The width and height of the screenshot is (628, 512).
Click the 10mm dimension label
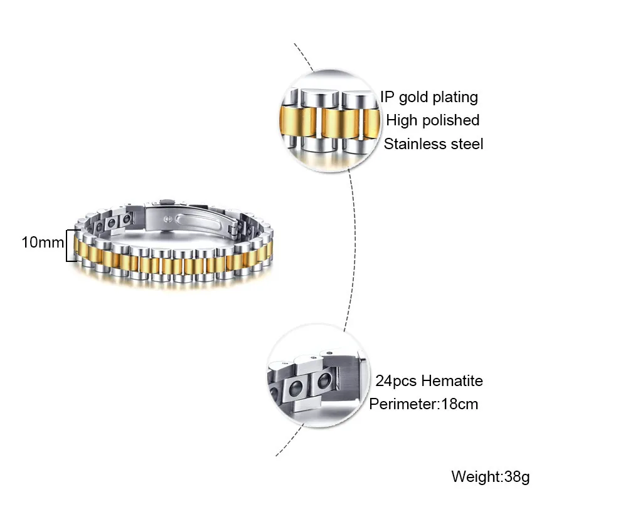[43, 243]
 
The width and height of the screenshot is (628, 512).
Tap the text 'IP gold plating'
[429, 97]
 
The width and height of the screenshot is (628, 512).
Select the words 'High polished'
[432, 120]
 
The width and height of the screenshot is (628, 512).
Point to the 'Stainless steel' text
[434, 144]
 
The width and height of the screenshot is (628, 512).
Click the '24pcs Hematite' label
[429, 381]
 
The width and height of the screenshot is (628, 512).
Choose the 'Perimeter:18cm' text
[423, 404]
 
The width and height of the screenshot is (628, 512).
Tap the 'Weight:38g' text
[490, 477]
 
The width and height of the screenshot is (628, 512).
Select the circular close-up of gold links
[329, 121]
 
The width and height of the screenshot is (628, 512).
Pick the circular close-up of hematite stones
[317, 375]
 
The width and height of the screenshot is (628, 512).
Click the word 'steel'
[466, 144]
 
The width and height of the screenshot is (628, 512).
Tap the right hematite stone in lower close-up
[325, 381]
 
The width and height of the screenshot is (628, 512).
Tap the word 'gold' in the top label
[413, 98]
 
